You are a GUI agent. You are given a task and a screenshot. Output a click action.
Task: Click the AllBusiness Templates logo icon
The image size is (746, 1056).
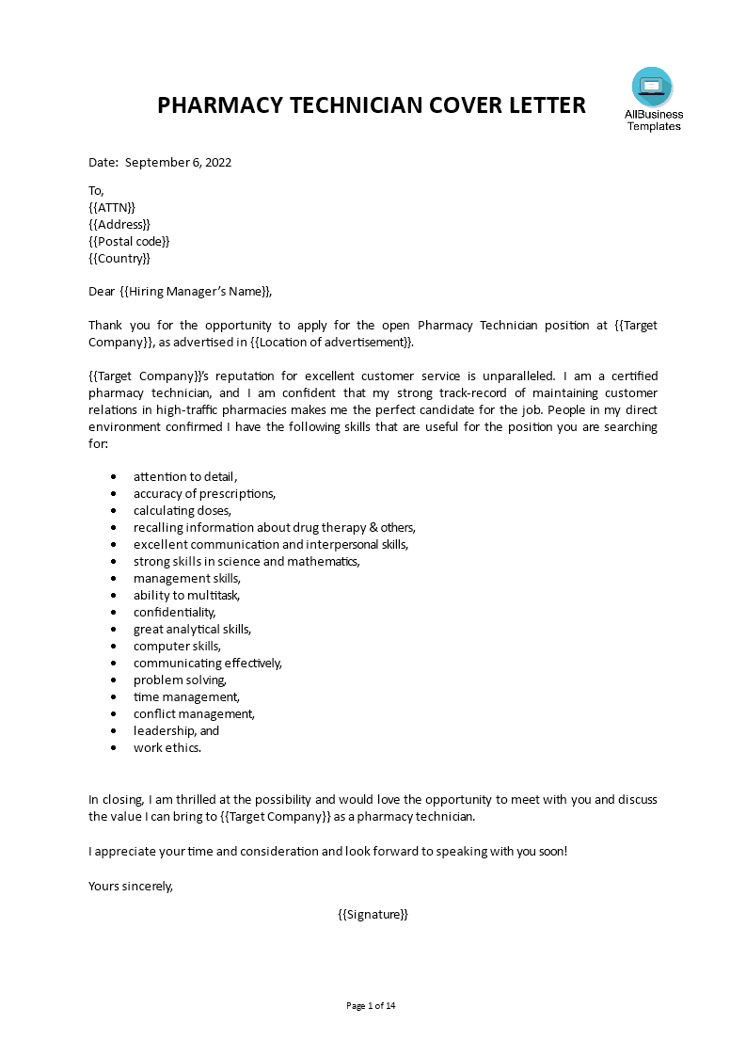(652, 88)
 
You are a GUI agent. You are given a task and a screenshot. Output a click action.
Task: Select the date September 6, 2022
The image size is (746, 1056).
(178, 162)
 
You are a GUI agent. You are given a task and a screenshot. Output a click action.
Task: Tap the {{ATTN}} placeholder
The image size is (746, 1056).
(112, 207)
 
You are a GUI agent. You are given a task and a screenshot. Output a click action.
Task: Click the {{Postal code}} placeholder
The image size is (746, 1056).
(129, 241)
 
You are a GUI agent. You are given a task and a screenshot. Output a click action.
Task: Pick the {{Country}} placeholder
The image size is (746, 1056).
(119, 258)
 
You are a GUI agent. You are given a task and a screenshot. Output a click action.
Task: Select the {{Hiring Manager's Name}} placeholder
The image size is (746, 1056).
(197, 292)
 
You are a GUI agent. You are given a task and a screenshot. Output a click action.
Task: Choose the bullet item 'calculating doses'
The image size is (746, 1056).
(182, 510)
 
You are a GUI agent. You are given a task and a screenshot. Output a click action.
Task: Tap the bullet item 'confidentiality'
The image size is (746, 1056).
(174, 612)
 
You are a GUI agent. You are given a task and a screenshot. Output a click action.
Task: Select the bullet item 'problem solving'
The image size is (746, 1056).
(180, 680)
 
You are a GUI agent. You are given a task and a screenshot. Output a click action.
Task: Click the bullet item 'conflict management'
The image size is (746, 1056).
(194, 713)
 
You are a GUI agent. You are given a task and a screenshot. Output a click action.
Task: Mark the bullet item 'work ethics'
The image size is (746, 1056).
(167, 747)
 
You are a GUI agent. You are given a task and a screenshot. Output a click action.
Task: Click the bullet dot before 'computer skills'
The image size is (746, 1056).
(113, 647)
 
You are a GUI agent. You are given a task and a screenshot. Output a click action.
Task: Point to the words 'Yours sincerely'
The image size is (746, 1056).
(131, 885)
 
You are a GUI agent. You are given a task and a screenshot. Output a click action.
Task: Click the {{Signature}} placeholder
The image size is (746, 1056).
(373, 914)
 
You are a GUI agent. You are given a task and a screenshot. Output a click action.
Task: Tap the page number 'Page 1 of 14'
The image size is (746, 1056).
(372, 1005)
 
